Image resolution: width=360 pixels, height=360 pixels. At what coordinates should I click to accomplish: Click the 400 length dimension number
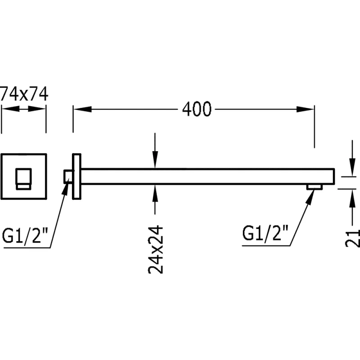coord(197,109)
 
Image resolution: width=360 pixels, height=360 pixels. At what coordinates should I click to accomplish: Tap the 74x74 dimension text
coord(24,95)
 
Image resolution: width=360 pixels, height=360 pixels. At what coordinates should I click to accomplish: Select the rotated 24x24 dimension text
coord(155,249)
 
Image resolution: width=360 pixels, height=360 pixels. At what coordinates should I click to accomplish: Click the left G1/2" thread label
coord(25,236)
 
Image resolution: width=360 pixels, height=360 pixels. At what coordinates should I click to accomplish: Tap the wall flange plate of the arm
coord(76,176)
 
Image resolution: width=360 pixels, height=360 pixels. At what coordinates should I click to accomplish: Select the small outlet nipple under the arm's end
coord(314,186)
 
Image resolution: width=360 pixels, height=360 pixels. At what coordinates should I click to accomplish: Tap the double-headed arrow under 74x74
coord(24,109)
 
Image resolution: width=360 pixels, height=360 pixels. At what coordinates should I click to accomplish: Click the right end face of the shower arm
coord(334,176)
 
